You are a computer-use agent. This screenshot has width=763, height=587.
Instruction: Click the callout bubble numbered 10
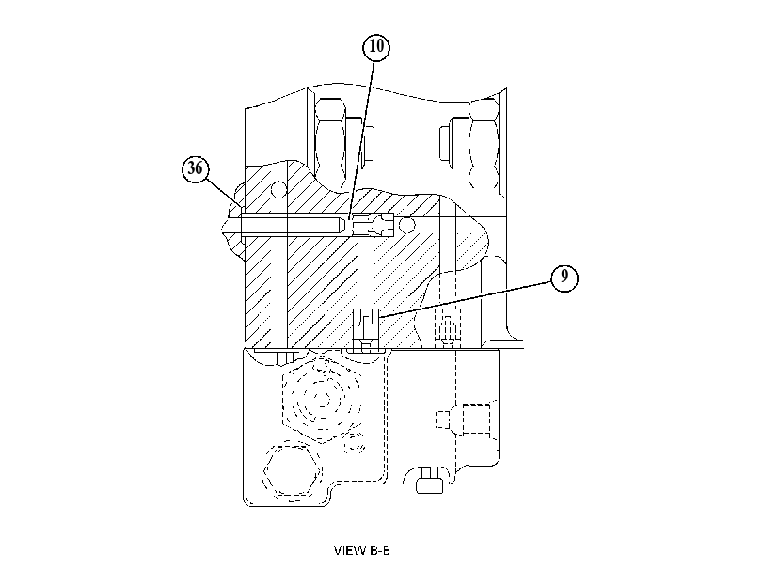pos(376,47)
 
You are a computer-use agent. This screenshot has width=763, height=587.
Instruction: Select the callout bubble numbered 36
pos(195,168)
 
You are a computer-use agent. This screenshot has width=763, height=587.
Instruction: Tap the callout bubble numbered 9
pos(564,277)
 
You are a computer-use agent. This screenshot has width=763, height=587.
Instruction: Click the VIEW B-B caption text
pos(361,550)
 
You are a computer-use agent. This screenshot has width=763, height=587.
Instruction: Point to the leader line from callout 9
pos(465,299)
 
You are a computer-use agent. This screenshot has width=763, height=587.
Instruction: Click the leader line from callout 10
pos(361,140)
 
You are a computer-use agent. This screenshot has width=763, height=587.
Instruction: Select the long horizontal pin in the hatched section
pos(290,226)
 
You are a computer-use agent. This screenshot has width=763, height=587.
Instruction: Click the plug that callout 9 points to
pos(365,329)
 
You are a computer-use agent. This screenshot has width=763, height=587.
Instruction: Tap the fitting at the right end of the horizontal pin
pos(372,225)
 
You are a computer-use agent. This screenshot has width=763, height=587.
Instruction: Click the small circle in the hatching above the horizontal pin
pos(278,190)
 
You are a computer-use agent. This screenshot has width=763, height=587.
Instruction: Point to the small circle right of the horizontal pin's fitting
pos(406,225)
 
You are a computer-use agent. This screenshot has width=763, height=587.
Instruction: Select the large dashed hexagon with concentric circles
pos(322,399)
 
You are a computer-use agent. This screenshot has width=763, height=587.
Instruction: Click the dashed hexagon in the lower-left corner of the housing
pos(292,469)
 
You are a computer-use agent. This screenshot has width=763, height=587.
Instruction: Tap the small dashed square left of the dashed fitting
pos(442,420)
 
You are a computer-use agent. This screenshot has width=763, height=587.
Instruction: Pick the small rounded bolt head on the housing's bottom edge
pos(429,485)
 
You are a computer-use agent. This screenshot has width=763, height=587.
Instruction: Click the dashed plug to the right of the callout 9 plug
pos(447,328)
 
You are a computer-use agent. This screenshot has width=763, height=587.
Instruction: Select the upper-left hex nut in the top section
pos(331,138)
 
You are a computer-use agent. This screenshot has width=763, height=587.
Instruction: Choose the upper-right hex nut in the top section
pos(484,144)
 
